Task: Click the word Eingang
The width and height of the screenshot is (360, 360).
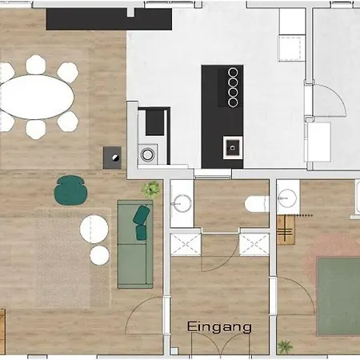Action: pyautogui.click(x=219, y=327)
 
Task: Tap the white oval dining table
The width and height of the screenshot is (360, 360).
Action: pyautogui.click(x=37, y=97)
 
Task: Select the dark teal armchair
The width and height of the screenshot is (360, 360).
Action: pyautogui.click(x=70, y=190)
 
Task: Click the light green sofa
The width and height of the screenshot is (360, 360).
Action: pyautogui.click(x=135, y=244)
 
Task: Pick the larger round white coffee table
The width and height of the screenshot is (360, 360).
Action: pyautogui.click(x=94, y=229)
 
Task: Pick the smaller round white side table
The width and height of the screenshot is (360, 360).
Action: pyautogui.click(x=99, y=255)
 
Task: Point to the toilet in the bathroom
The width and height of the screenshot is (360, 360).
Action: pyautogui.click(x=257, y=204)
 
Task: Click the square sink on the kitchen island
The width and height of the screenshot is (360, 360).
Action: pyautogui.click(x=233, y=147)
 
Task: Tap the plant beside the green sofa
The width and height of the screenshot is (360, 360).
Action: pyautogui.click(x=151, y=189)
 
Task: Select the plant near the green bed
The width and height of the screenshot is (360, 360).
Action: pyautogui.click(x=285, y=346)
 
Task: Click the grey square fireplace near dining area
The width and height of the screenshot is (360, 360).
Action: pyautogui.click(x=112, y=158)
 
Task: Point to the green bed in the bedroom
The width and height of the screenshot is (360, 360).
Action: pyautogui.click(x=338, y=296)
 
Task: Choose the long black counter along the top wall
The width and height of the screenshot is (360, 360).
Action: pyautogui.click(x=109, y=19)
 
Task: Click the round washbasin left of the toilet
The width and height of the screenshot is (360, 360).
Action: pyautogui.click(x=182, y=204)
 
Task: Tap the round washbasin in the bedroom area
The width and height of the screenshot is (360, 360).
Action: pyautogui.click(x=287, y=198)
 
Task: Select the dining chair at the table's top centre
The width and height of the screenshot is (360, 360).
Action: pyautogui.click(x=36, y=65)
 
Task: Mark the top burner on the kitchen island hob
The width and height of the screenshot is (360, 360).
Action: pyautogui.click(x=233, y=72)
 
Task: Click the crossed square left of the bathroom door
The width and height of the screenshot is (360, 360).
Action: pyautogui.click(x=186, y=244)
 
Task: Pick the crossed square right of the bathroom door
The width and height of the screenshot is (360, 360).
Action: pyautogui.click(x=254, y=244)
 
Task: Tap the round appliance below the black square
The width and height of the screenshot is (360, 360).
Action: pyautogui.click(x=147, y=154)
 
